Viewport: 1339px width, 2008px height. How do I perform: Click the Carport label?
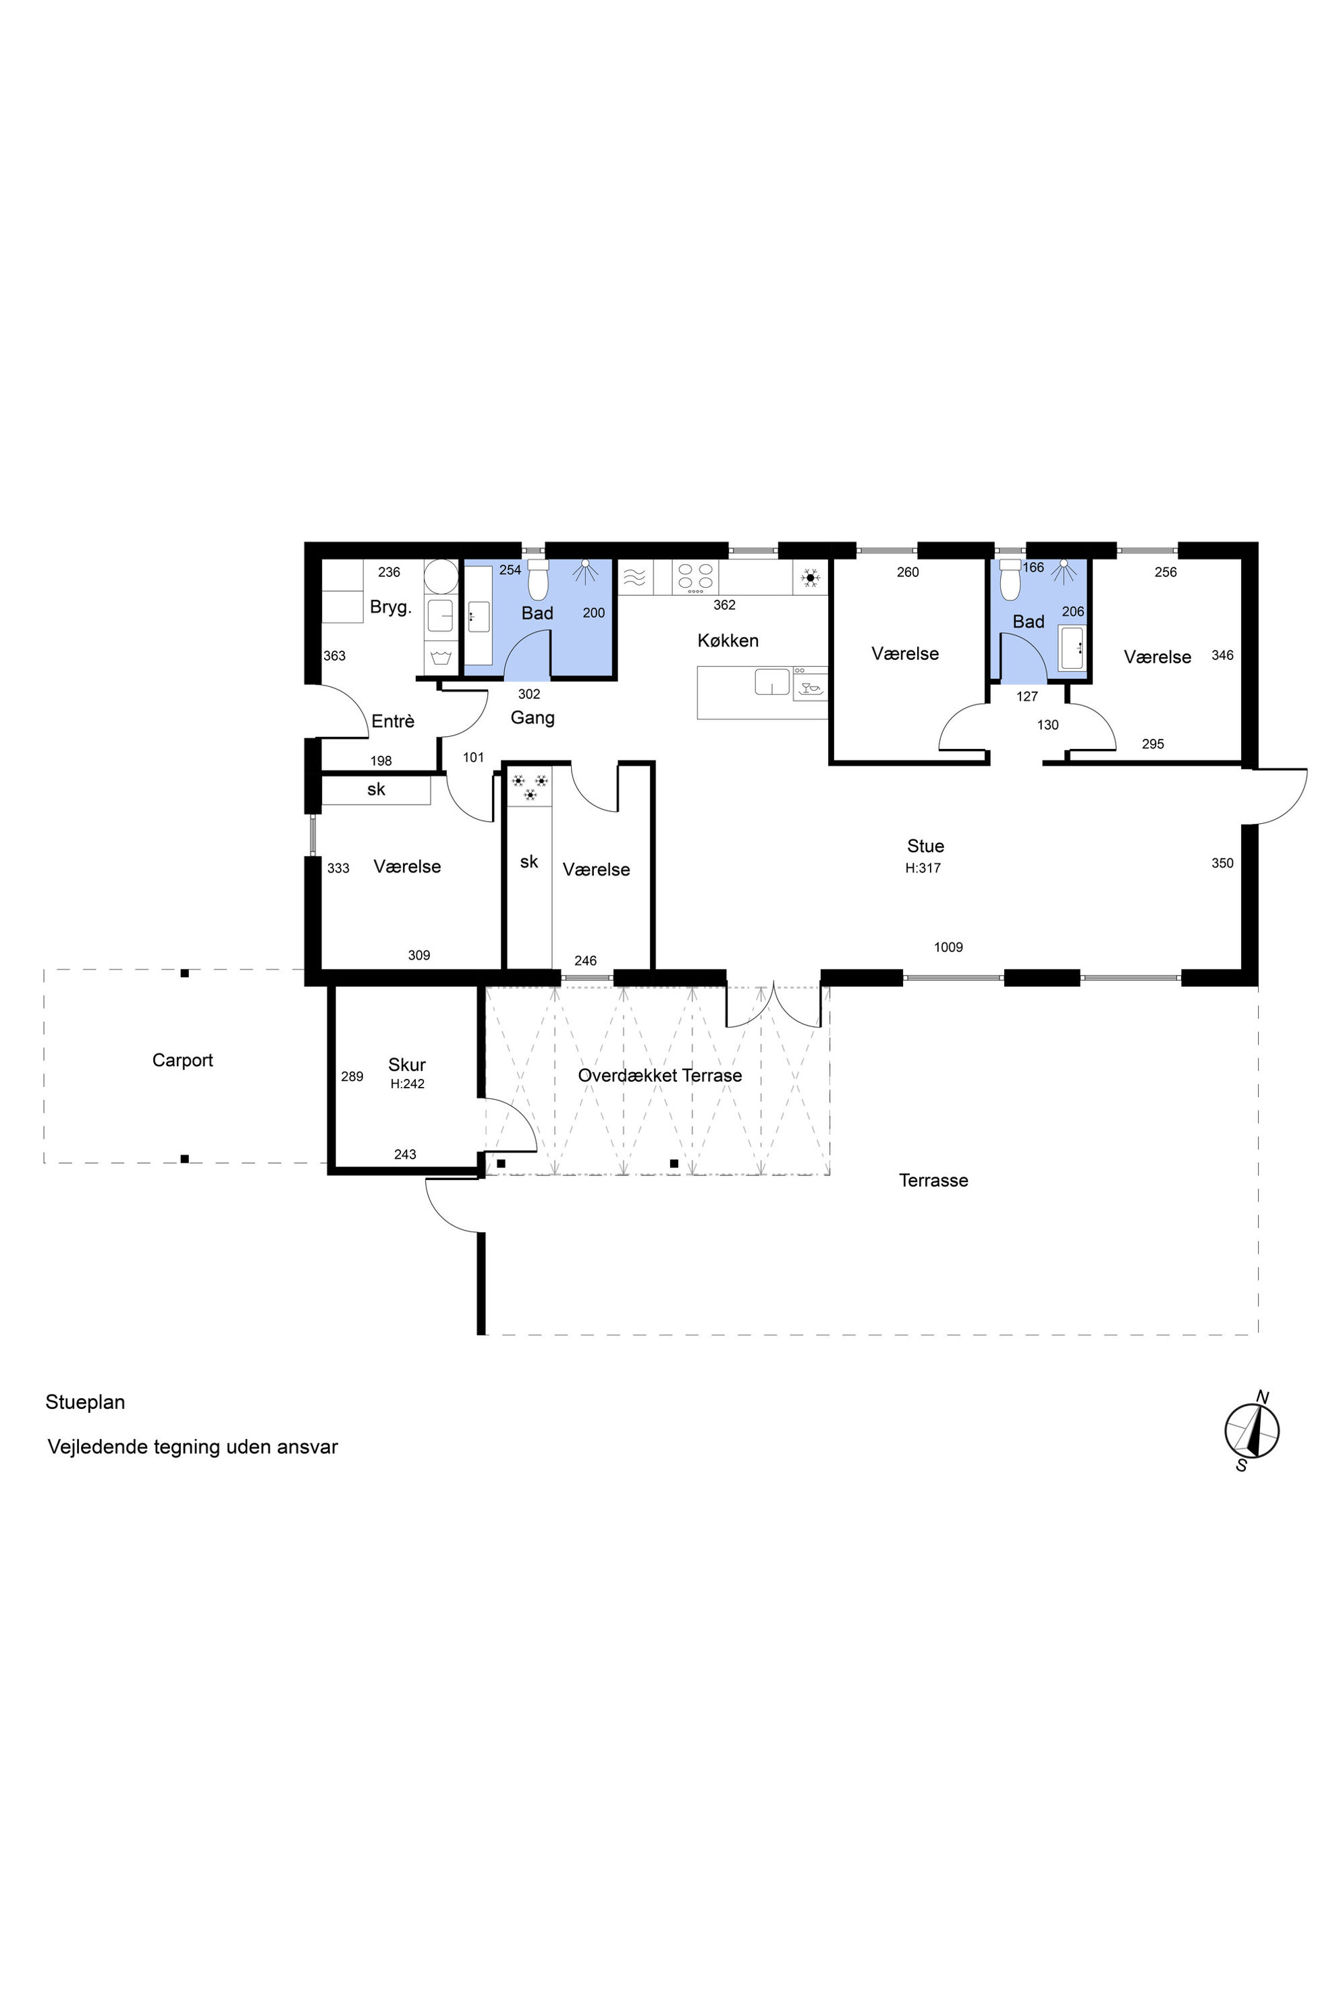pos(182,1061)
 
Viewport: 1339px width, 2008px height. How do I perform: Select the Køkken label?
pos(728,640)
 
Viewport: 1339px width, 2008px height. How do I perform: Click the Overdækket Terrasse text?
pos(659,1076)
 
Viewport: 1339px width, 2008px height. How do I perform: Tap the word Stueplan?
pos(86,1403)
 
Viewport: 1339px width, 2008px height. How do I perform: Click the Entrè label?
pos(393,721)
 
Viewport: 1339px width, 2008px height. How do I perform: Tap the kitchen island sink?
pos(772,682)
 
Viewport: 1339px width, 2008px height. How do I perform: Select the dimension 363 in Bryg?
pos(334,656)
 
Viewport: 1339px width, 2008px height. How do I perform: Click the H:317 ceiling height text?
pos(923,868)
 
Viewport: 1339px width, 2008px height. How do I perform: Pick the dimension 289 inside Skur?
pos(352,1077)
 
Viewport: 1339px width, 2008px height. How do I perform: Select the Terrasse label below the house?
pos(933,1181)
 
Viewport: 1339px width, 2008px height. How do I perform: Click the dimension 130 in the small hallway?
pos(1048,725)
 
